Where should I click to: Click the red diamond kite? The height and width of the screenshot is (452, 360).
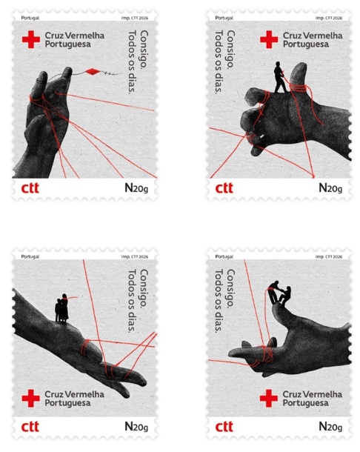tap(93, 72)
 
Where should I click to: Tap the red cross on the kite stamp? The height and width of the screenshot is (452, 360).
tap(31, 40)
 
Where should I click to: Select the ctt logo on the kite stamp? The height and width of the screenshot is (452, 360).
tap(30, 188)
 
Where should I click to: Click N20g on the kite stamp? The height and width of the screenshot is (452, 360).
tap(136, 188)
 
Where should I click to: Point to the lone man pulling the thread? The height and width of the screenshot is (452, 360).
tap(280, 77)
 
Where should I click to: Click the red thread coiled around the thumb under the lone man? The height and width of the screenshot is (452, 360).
tap(299, 88)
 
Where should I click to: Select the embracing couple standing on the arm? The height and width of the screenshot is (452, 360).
tap(61, 308)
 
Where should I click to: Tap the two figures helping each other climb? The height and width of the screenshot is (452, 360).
tap(279, 293)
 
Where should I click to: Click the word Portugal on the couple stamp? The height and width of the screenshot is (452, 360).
tap(30, 256)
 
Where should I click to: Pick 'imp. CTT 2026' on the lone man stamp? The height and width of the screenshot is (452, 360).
tap(329, 18)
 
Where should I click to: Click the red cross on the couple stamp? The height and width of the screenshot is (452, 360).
tap(31, 399)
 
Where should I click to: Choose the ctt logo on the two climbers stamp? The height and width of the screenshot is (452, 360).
tap(224, 427)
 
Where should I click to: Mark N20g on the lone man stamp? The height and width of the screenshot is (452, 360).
tap(330, 188)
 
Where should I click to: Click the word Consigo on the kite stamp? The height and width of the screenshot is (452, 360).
tap(144, 50)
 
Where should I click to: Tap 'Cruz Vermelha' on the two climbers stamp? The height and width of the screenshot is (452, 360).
tap(313, 394)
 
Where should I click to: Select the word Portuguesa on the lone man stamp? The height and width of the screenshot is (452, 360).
tap(305, 44)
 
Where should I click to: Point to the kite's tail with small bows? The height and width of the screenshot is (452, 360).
tap(110, 73)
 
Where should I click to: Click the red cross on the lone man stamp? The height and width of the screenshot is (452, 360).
tap(269, 40)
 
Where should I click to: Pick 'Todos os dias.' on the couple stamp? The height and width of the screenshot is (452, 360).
tap(132, 301)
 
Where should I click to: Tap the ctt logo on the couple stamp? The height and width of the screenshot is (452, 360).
tap(30, 427)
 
